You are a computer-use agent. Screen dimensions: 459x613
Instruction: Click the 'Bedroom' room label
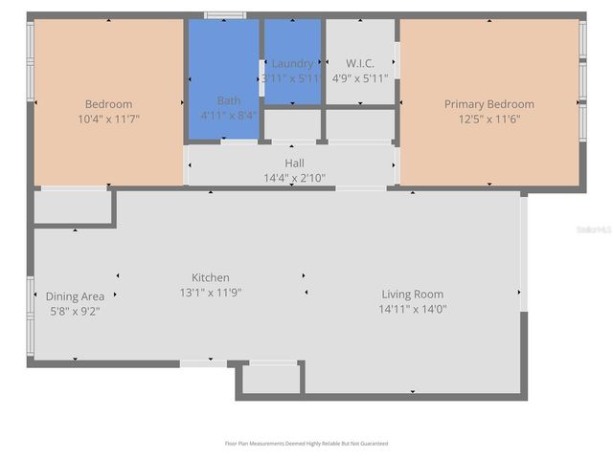tap(108, 104)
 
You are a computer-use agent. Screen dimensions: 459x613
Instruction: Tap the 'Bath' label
tap(229, 100)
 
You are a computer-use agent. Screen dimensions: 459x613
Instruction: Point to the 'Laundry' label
tap(292, 64)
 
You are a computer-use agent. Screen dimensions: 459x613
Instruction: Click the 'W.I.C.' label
tap(360, 64)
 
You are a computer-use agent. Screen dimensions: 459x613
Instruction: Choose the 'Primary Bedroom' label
tap(488, 104)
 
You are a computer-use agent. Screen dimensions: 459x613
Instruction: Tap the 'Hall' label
tap(294, 164)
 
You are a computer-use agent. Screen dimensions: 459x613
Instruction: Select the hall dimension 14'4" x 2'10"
tap(294, 178)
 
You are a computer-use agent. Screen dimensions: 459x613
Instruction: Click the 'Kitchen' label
tap(211, 277)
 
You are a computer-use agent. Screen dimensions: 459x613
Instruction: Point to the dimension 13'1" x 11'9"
tap(211, 292)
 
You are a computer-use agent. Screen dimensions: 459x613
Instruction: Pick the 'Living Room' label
tap(413, 295)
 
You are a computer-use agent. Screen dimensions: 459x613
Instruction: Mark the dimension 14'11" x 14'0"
tap(413, 309)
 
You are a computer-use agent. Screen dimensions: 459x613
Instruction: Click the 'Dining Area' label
tap(75, 296)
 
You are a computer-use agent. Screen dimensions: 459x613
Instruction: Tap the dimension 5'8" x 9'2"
tap(75, 311)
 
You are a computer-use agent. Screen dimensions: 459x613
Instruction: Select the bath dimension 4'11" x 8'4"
tap(228, 115)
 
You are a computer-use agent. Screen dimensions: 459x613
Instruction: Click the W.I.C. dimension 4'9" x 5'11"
tap(360, 78)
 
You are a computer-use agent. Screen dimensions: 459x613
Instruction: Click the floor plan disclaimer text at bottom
tap(306, 444)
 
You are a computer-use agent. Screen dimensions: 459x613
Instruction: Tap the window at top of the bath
tap(225, 15)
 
